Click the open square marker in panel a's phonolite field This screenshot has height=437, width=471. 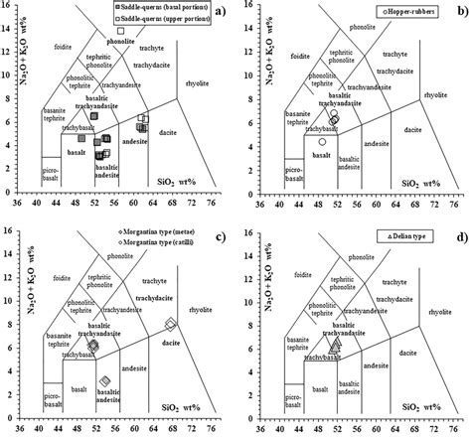pyautogui.click(x=122, y=31)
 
